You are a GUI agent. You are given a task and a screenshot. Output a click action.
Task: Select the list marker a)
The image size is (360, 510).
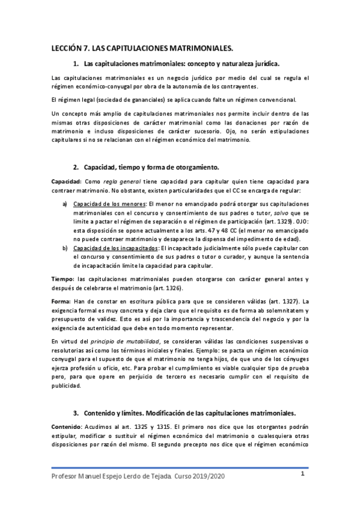[x=65, y=204]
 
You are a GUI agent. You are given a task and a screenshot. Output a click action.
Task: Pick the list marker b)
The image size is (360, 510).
[x=65, y=248]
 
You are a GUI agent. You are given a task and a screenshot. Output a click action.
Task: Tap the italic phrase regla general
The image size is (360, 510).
[x=121, y=182]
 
